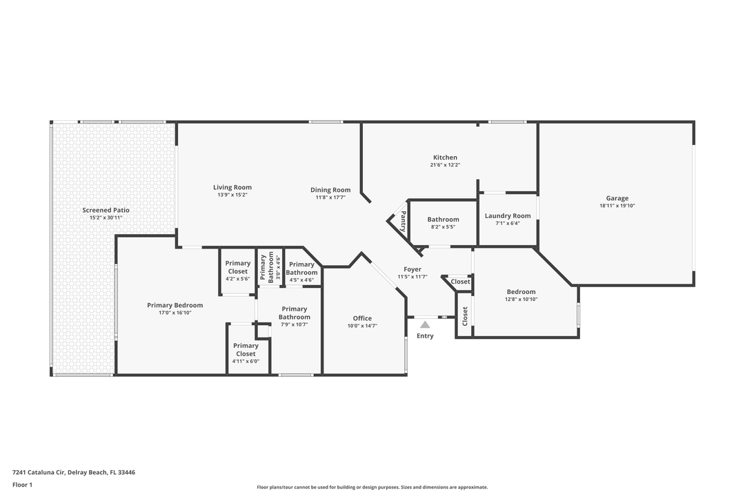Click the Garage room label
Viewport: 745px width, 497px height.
617,198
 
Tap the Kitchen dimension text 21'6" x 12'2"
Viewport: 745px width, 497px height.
444,165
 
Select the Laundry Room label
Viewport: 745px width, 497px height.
508,216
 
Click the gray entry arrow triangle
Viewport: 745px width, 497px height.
425,324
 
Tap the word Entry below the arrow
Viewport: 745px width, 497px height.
425,336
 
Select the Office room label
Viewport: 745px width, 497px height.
362,318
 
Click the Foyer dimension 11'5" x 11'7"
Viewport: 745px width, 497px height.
413,277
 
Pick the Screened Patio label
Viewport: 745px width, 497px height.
106,210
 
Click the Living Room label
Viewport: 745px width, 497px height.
232,187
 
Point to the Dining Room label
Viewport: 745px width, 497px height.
330,190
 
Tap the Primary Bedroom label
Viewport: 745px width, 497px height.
175,305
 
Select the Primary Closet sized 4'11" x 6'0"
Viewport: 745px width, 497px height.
246,349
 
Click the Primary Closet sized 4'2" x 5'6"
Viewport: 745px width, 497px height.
238,267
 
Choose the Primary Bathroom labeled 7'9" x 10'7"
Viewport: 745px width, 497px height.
295,313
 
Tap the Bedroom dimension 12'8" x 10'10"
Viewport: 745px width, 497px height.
521,299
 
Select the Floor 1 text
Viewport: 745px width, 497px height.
22,485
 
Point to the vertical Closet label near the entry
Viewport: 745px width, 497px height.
465,316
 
